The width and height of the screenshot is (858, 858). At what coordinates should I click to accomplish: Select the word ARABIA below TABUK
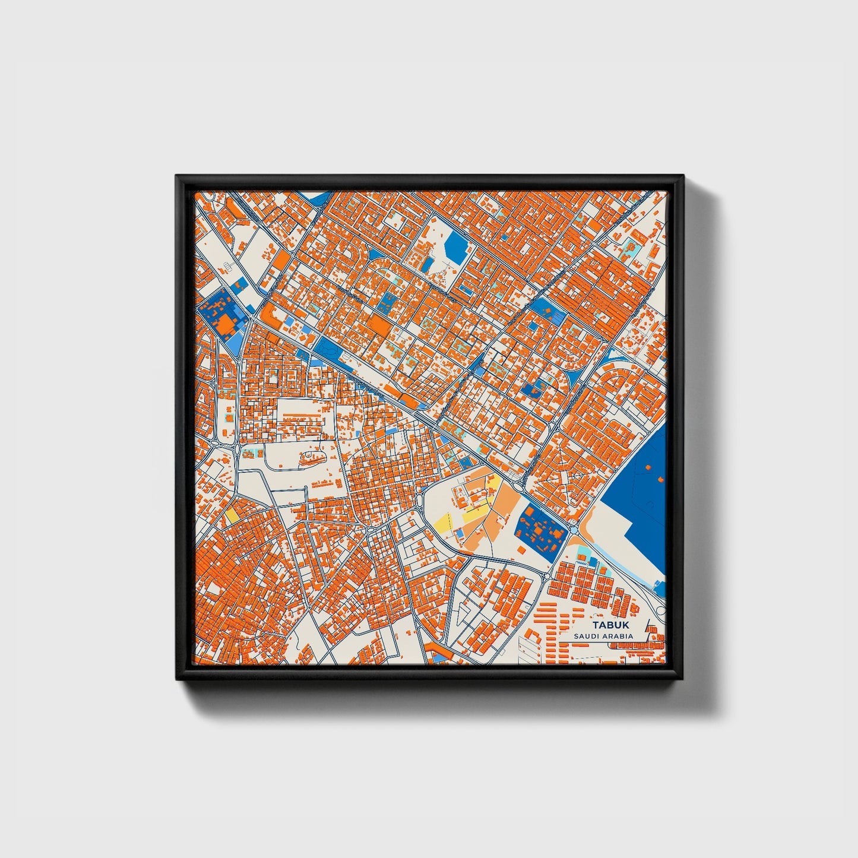(619, 637)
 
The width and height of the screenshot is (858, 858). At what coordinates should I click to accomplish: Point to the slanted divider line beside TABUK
(646, 629)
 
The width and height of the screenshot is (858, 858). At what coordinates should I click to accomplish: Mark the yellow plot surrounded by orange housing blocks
(232, 515)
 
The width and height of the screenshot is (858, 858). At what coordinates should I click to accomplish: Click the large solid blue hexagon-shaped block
(456, 243)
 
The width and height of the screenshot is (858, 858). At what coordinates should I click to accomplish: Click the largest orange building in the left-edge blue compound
(226, 324)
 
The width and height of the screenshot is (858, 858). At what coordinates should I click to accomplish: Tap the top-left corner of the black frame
(176, 176)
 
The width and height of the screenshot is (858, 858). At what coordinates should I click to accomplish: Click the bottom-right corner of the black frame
(683, 680)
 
